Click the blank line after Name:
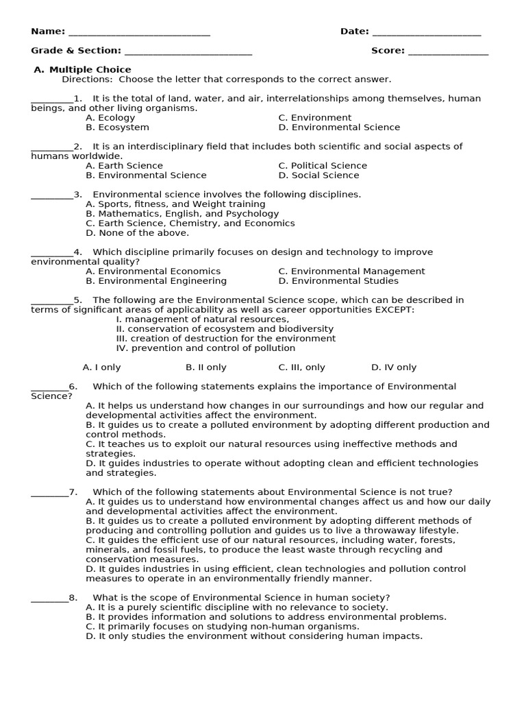click(x=139, y=33)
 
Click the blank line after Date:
click(x=427, y=33)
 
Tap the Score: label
click(x=388, y=50)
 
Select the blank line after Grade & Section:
click(x=188, y=52)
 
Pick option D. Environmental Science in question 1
click(x=339, y=127)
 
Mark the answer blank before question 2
click(x=51, y=148)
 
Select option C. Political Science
click(x=323, y=165)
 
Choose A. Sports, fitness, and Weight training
click(x=175, y=204)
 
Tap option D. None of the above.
click(x=137, y=232)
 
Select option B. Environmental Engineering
click(x=156, y=280)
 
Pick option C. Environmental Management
click(x=351, y=271)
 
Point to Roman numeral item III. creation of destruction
click(x=226, y=338)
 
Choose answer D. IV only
click(x=394, y=367)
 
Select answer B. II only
click(x=206, y=367)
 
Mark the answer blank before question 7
click(x=49, y=494)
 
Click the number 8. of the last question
click(x=73, y=597)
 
